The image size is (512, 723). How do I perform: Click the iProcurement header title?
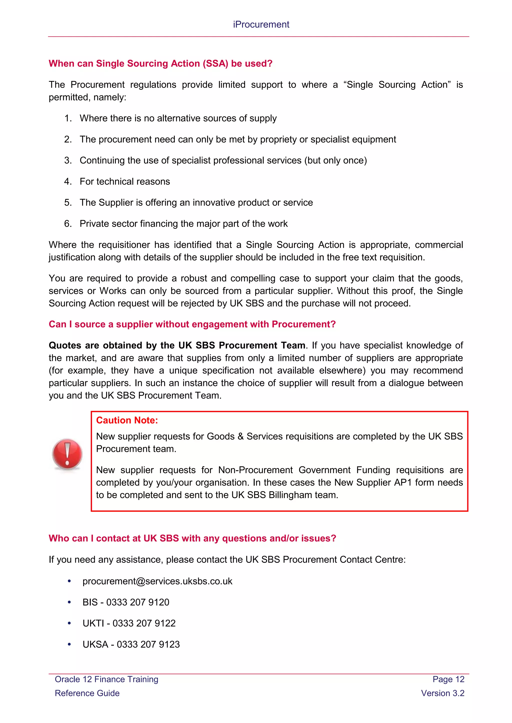(261, 24)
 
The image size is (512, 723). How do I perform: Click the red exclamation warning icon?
(67, 454)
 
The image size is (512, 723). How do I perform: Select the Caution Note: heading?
(127, 420)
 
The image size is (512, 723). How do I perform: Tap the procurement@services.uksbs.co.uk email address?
(157, 581)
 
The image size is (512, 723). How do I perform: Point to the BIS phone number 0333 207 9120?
(137, 602)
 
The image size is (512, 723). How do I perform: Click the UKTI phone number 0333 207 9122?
(144, 623)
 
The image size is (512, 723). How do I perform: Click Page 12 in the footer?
(448, 679)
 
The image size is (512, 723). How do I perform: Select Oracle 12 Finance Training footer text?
(106, 679)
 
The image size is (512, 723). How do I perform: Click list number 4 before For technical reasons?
(67, 182)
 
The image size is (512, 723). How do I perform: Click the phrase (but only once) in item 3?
(335, 161)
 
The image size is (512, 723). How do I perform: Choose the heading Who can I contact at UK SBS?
(192, 539)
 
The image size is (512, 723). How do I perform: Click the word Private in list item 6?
(94, 224)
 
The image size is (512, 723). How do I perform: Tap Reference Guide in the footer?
(87, 693)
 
